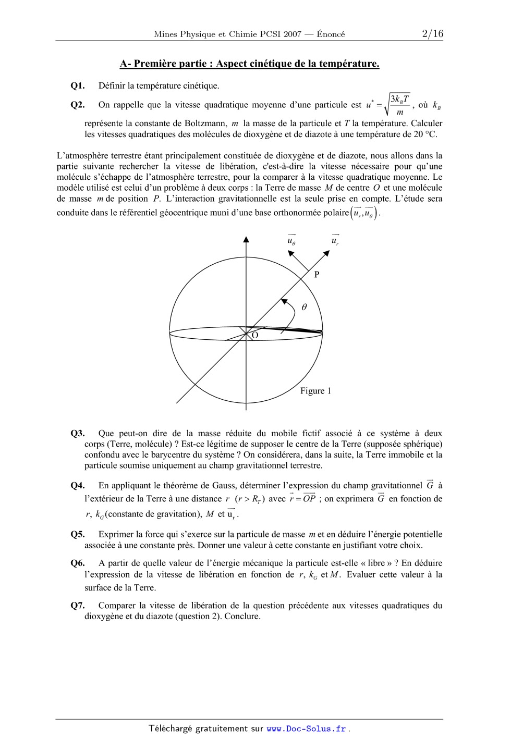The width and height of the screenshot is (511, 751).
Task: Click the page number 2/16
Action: pyautogui.click(x=432, y=34)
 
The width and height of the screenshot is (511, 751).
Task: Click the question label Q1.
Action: pyautogui.click(x=77, y=86)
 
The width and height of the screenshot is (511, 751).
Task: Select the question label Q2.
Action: pyautogui.click(x=77, y=105)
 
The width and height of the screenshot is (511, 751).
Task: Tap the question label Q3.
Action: pyautogui.click(x=77, y=434)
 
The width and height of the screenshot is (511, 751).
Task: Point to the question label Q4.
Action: pyautogui.click(x=77, y=486)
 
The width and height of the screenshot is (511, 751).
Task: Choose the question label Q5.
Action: pyautogui.click(x=77, y=534)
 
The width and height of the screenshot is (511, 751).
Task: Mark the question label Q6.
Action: pyautogui.click(x=77, y=563)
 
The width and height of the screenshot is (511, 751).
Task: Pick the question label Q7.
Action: pyautogui.click(x=77, y=606)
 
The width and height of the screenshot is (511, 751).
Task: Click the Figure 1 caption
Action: pyautogui.click(x=315, y=391)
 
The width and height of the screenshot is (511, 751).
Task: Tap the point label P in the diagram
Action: pyautogui.click(x=317, y=275)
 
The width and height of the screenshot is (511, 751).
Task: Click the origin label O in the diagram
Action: pyautogui.click(x=255, y=336)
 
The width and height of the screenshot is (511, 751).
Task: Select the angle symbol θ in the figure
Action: pyautogui.click(x=304, y=307)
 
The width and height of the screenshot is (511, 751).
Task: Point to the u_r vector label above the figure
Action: pyautogui.click(x=335, y=240)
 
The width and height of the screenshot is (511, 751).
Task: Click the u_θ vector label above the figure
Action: pyautogui.click(x=291, y=240)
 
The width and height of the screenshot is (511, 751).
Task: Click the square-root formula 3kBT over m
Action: pyautogui.click(x=396, y=105)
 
